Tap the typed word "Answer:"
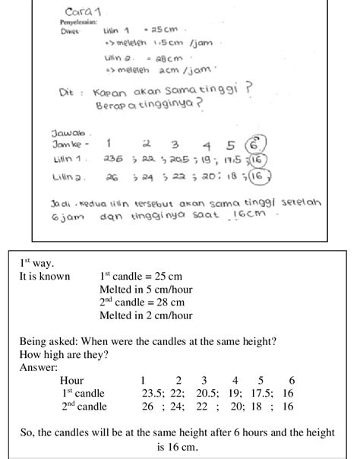(x=38, y=368)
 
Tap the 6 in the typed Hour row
(x=292, y=380)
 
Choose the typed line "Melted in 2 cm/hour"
(x=146, y=315)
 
